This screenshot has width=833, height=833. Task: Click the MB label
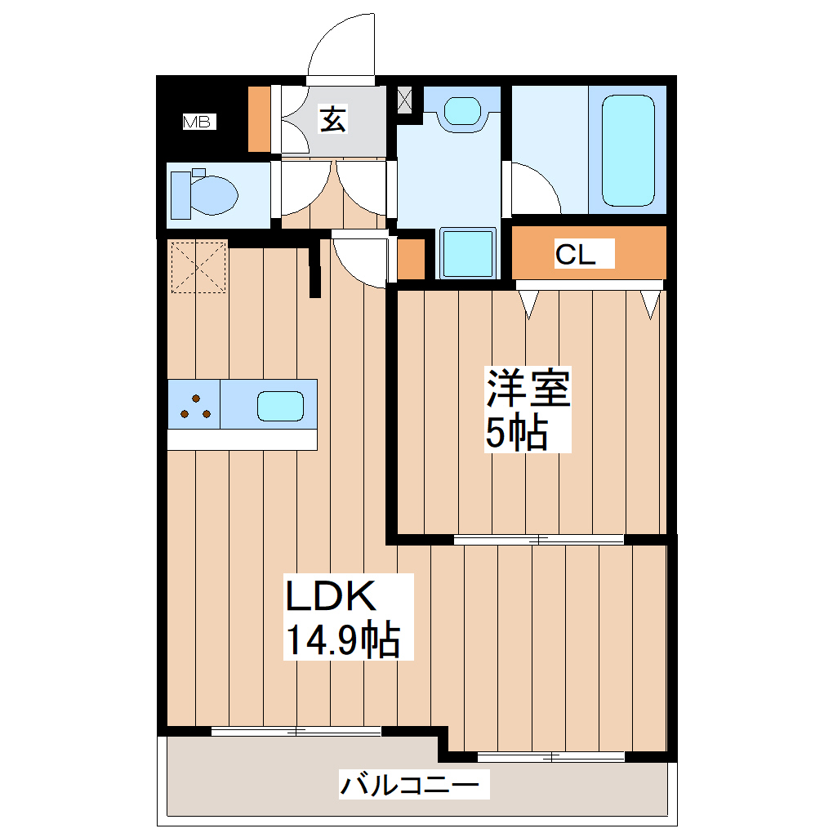(197, 122)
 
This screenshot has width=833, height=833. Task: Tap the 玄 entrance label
(332, 119)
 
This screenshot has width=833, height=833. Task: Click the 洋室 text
(528, 389)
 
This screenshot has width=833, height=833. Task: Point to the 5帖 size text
(516, 434)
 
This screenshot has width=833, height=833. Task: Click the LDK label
(330, 597)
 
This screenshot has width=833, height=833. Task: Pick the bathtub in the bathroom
(627, 151)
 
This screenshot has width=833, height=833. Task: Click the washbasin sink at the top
(462, 110)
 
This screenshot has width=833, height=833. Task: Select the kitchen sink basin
(280, 406)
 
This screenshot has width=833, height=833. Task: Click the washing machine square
(468, 253)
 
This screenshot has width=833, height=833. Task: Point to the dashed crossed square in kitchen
(198, 265)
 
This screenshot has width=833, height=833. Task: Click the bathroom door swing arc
(535, 186)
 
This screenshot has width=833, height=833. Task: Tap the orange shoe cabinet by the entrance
(259, 118)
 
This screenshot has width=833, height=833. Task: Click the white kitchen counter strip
(242, 439)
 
